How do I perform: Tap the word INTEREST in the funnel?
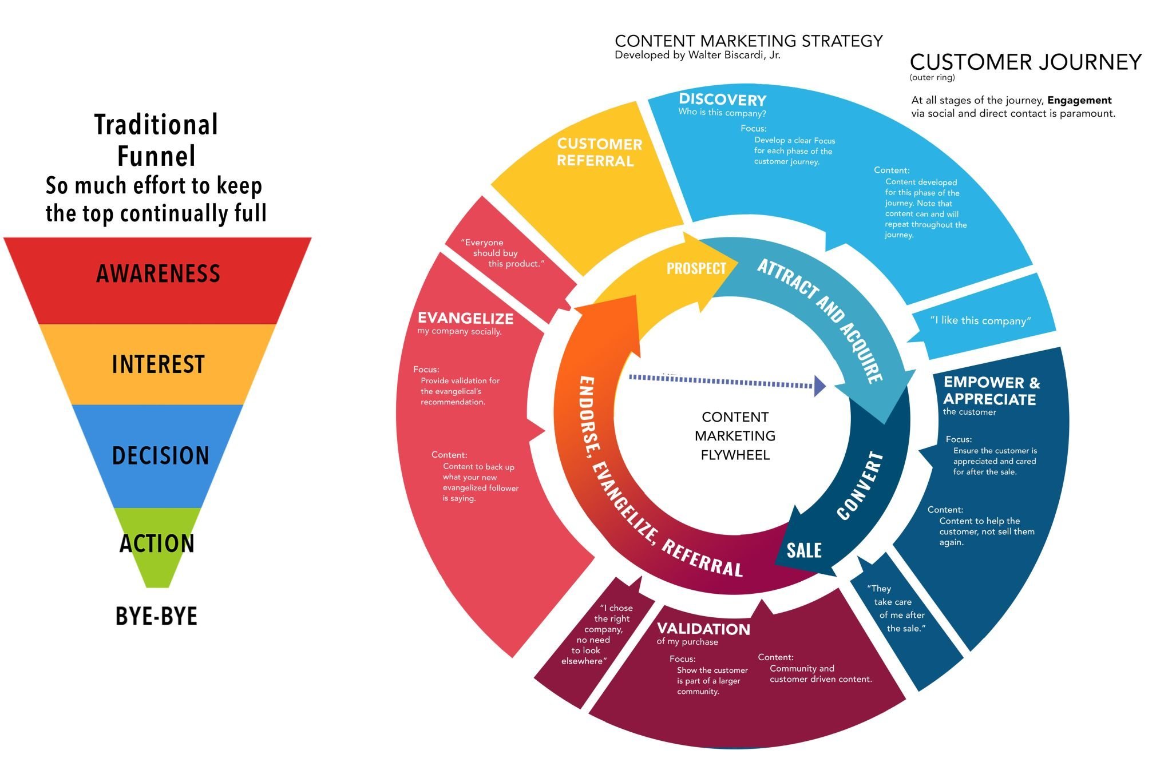[x=158, y=364]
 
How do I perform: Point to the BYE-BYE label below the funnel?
[x=156, y=617]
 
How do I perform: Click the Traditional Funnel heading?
[x=156, y=140]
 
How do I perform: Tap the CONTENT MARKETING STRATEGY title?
[x=749, y=41]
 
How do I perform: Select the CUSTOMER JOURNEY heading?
[x=1025, y=62]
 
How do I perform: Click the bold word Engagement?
[x=1079, y=100]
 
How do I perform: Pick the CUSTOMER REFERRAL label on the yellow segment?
[x=599, y=152]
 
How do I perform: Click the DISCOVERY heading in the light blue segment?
[x=722, y=100]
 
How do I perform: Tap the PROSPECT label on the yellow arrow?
[x=696, y=268]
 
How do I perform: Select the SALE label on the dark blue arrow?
[x=804, y=550]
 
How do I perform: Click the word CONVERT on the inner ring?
[x=860, y=486]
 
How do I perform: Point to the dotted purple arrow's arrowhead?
[x=820, y=386]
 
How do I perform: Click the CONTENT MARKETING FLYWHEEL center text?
[x=735, y=436]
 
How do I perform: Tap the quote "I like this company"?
[x=980, y=320]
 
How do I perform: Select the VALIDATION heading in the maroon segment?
[x=703, y=629]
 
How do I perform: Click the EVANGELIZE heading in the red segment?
[x=465, y=318]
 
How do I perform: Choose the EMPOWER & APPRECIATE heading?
[x=991, y=391]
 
